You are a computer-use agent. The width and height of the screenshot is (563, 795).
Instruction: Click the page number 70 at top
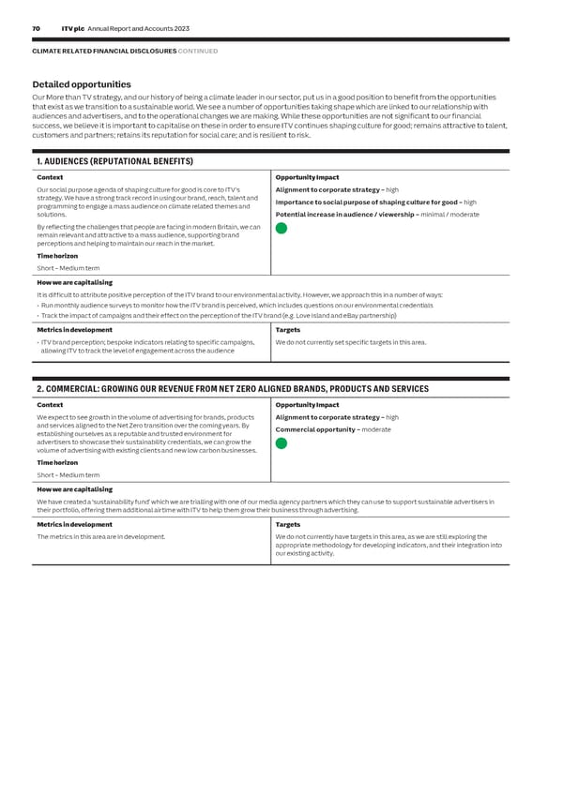click(x=36, y=29)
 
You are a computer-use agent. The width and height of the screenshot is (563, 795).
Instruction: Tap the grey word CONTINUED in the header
click(x=198, y=51)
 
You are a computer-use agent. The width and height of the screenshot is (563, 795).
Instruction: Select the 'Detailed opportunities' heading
click(x=82, y=85)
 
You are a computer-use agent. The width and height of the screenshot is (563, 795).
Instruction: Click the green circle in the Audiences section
click(x=281, y=228)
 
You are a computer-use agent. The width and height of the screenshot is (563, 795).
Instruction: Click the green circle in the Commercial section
click(x=281, y=442)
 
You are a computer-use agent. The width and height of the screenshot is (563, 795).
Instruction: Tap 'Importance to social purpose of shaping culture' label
click(x=366, y=202)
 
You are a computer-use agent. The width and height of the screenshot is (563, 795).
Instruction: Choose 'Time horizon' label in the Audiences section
click(x=57, y=255)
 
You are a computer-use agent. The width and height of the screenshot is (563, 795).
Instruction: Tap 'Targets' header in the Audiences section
click(x=289, y=329)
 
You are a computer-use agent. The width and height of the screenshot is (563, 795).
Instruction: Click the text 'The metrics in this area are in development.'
click(x=100, y=536)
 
